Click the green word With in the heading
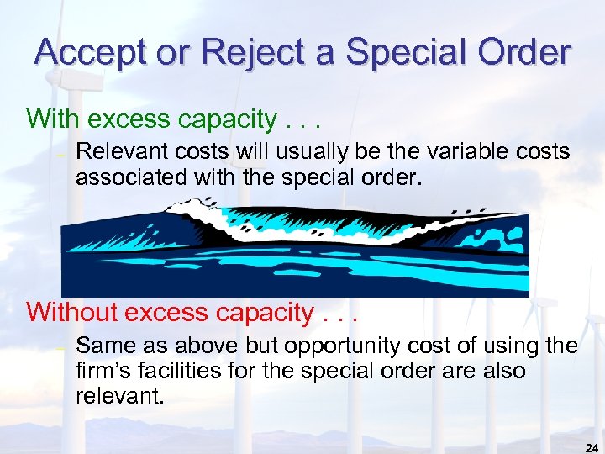tap(54, 119)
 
